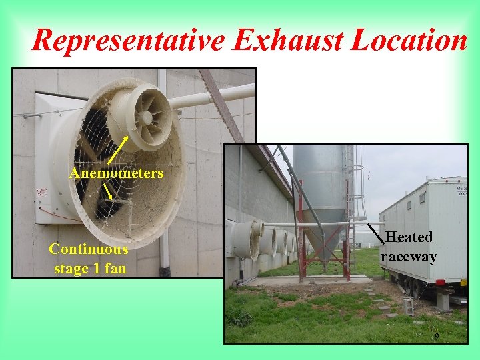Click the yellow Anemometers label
point(116,173)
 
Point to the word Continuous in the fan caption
point(89,249)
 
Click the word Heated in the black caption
point(409,237)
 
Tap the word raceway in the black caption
point(409,257)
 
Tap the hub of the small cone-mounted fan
point(145,117)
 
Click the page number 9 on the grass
point(437,337)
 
